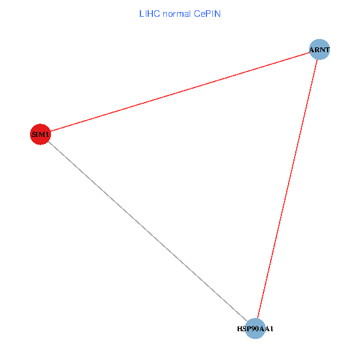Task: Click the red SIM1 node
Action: [x=40, y=134]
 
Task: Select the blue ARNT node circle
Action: [x=319, y=49]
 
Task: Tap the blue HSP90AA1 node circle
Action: [x=256, y=329]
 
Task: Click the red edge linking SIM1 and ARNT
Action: [x=180, y=92]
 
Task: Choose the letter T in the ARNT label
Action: [x=327, y=49]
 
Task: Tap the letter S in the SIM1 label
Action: [x=34, y=134]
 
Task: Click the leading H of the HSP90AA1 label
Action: [x=239, y=329]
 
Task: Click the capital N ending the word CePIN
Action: [x=218, y=14]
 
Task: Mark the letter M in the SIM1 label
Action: [x=42, y=134]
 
